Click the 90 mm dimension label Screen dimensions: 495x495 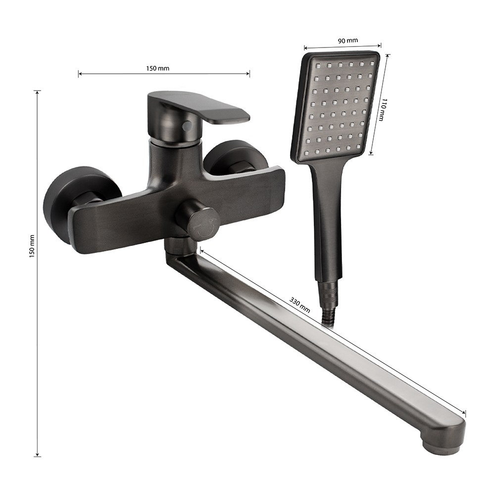[x=348, y=41]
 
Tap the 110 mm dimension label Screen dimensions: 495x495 [x=382, y=109]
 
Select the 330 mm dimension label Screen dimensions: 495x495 [x=299, y=305]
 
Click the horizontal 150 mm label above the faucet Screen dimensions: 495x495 [x=157, y=68]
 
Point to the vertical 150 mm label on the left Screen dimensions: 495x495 [x=32, y=246]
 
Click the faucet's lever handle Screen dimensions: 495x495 [x=198, y=107]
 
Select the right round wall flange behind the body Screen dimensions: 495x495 [x=235, y=158]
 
